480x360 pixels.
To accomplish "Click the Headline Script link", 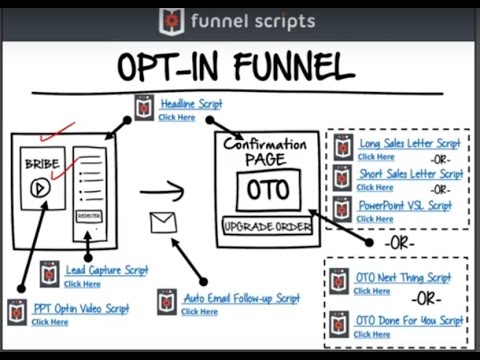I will pos(191,104).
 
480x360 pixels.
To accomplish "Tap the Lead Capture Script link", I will pos(107,270).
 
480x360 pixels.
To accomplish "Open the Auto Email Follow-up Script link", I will pos(240,298).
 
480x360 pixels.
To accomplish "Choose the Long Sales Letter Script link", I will pos(410,143).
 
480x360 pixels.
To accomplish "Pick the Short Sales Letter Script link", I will pos(410,174).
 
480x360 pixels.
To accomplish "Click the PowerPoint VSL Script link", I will pos(405,205).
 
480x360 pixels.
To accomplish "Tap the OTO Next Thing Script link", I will pos(403,277).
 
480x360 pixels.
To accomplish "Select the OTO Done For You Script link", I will pos(409,320).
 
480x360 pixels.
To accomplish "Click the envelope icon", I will pos(163,222).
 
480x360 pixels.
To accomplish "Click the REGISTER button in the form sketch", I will pos(88,215).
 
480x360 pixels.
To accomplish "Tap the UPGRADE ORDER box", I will pos(267,226).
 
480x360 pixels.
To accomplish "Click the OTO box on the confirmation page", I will pos(268,190).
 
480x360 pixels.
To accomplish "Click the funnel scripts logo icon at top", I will pos(171,20).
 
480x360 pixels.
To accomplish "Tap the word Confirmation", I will pos(265,145).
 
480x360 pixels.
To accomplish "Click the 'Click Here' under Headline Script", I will pos(176,117).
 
